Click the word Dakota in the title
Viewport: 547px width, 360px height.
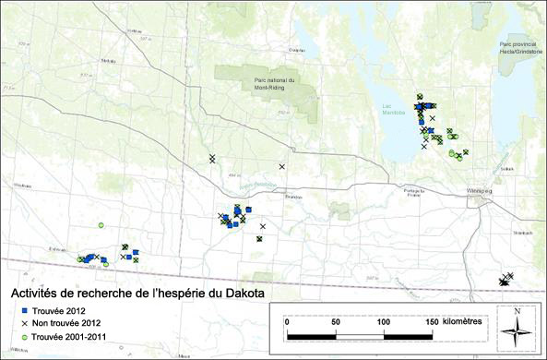pyautogui.click(x=234, y=294)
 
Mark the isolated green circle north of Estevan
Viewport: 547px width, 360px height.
pyautogui.click(x=101, y=225)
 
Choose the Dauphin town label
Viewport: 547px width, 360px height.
pyautogui.click(x=297, y=50)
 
